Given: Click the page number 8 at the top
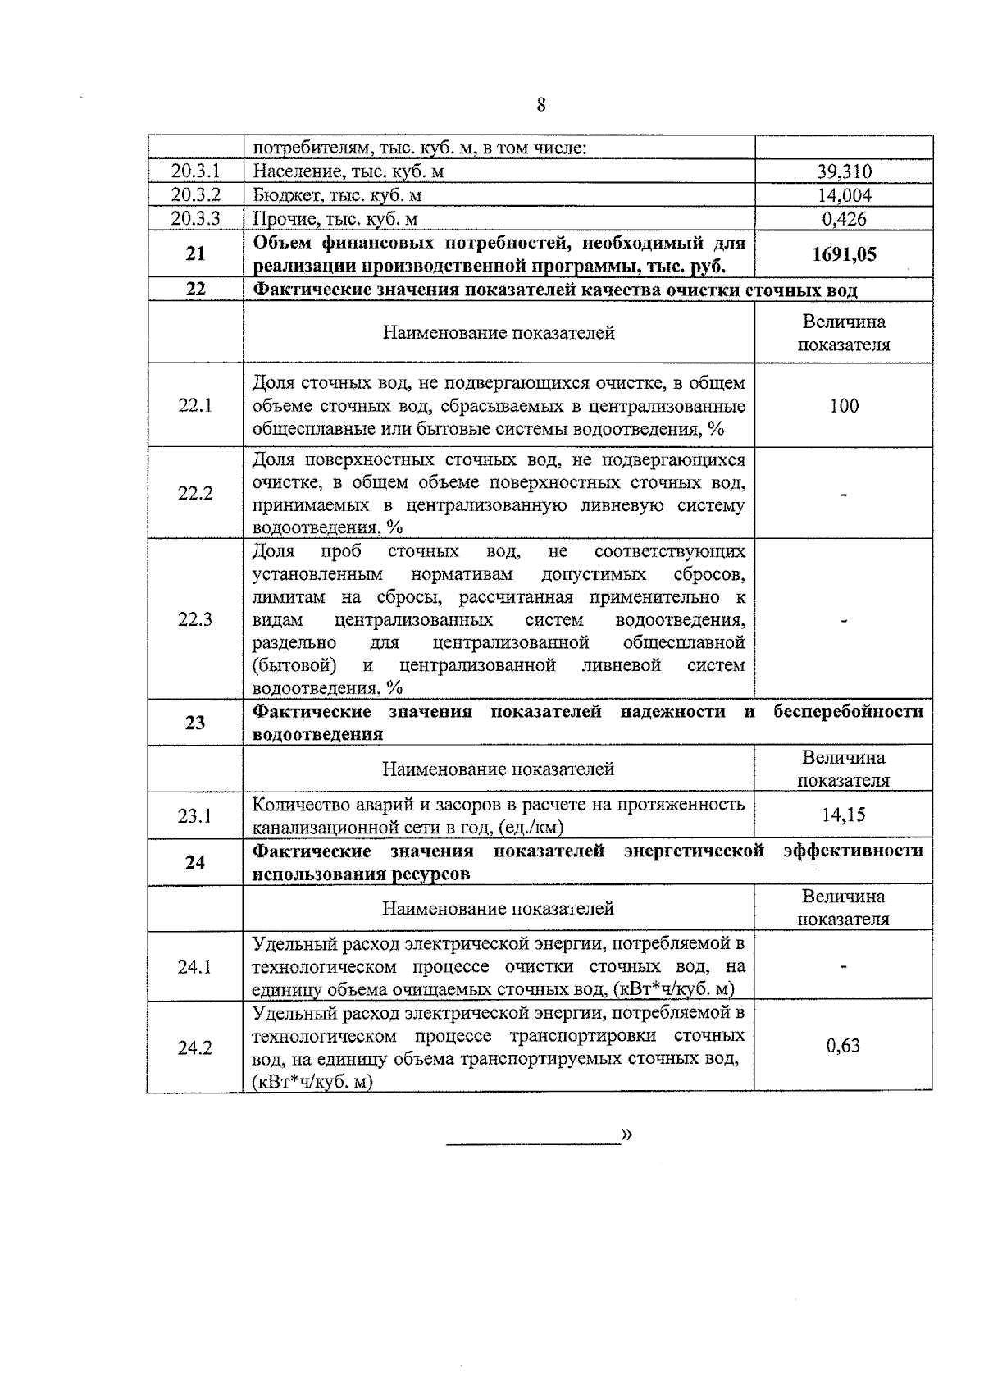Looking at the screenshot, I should click(541, 104).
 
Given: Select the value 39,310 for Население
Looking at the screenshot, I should click(844, 171).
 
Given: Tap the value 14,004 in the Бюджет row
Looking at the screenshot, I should click(844, 195).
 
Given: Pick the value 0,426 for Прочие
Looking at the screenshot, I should click(844, 218).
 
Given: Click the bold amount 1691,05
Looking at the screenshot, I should click(844, 254).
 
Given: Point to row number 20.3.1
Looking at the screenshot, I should click(195, 171).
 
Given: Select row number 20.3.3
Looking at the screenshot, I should click(195, 218).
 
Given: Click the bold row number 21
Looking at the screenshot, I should click(195, 254).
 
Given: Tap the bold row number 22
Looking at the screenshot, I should click(195, 290).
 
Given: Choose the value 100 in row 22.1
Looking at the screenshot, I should click(844, 405).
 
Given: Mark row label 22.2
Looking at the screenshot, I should click(195, 493).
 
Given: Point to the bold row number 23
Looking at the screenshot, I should click(195, 723).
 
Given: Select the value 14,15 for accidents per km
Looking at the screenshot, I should click(844, 815).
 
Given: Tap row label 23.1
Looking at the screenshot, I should click(195, 815).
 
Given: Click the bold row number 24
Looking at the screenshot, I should click(195, 862).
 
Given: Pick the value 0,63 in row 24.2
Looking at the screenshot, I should click(844, 1045).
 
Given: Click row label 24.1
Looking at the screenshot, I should click(195, 966).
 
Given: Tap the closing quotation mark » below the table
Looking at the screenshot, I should click(627, 1134).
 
